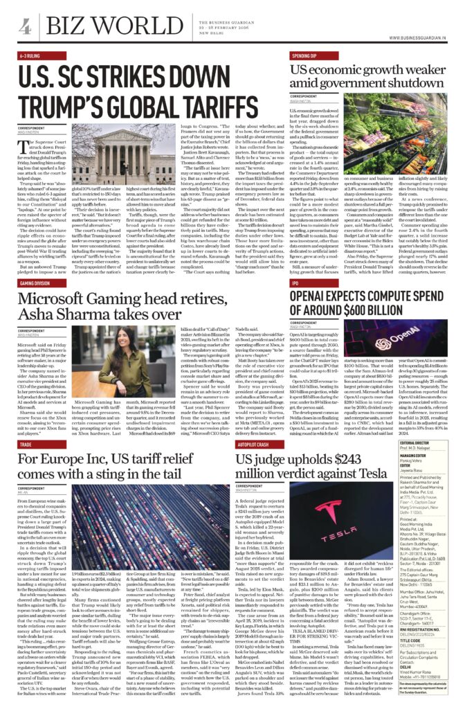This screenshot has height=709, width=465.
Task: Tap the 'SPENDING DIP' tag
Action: tap(304, 53)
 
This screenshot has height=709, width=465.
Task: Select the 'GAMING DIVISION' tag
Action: tap(37, 283)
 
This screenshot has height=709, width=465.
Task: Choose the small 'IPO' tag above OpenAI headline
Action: tap(295, 283)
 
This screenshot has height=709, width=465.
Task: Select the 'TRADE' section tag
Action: tap(26, 444)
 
